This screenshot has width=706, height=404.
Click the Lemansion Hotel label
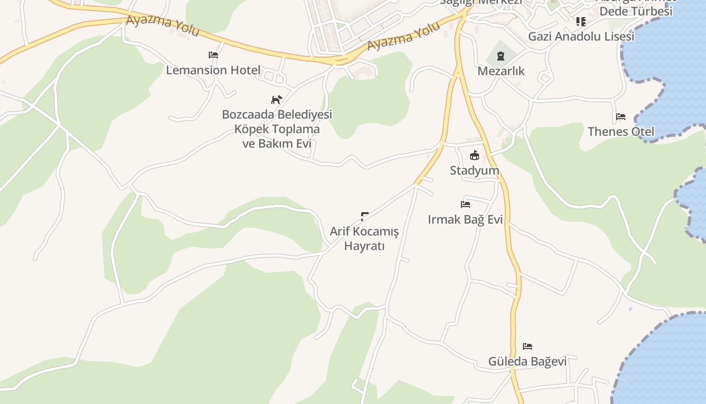tap(213, 70)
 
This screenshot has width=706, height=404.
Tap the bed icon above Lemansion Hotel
tap(213, 55)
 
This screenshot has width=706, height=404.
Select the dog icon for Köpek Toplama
tap(276, 99)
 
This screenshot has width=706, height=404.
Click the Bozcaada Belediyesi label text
tap(277, 115)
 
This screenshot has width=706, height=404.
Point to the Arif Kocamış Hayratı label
tap(364, 238)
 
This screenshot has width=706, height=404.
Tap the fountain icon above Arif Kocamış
tap(364, 217)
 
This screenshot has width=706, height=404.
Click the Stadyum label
tap(475, 171)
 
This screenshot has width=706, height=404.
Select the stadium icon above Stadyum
tap(475, 155)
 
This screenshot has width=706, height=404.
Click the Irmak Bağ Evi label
tap(465, 220)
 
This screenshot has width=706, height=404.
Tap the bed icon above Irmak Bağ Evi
tap(465, 205)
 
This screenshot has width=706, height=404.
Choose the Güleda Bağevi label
tap(527, 362)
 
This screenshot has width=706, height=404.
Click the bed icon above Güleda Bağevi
tap(527, 346)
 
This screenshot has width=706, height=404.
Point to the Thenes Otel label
tap(621, 132)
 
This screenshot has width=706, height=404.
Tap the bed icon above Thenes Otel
tap(621, 117)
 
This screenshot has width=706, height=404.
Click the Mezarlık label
tap(501, 71)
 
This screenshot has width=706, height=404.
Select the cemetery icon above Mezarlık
tap(500, 56)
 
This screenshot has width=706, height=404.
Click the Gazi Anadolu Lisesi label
tap(581, 36)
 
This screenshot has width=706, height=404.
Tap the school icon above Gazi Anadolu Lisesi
tap(581, 21)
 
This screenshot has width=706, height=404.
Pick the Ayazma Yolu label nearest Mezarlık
tap(403, 36)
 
